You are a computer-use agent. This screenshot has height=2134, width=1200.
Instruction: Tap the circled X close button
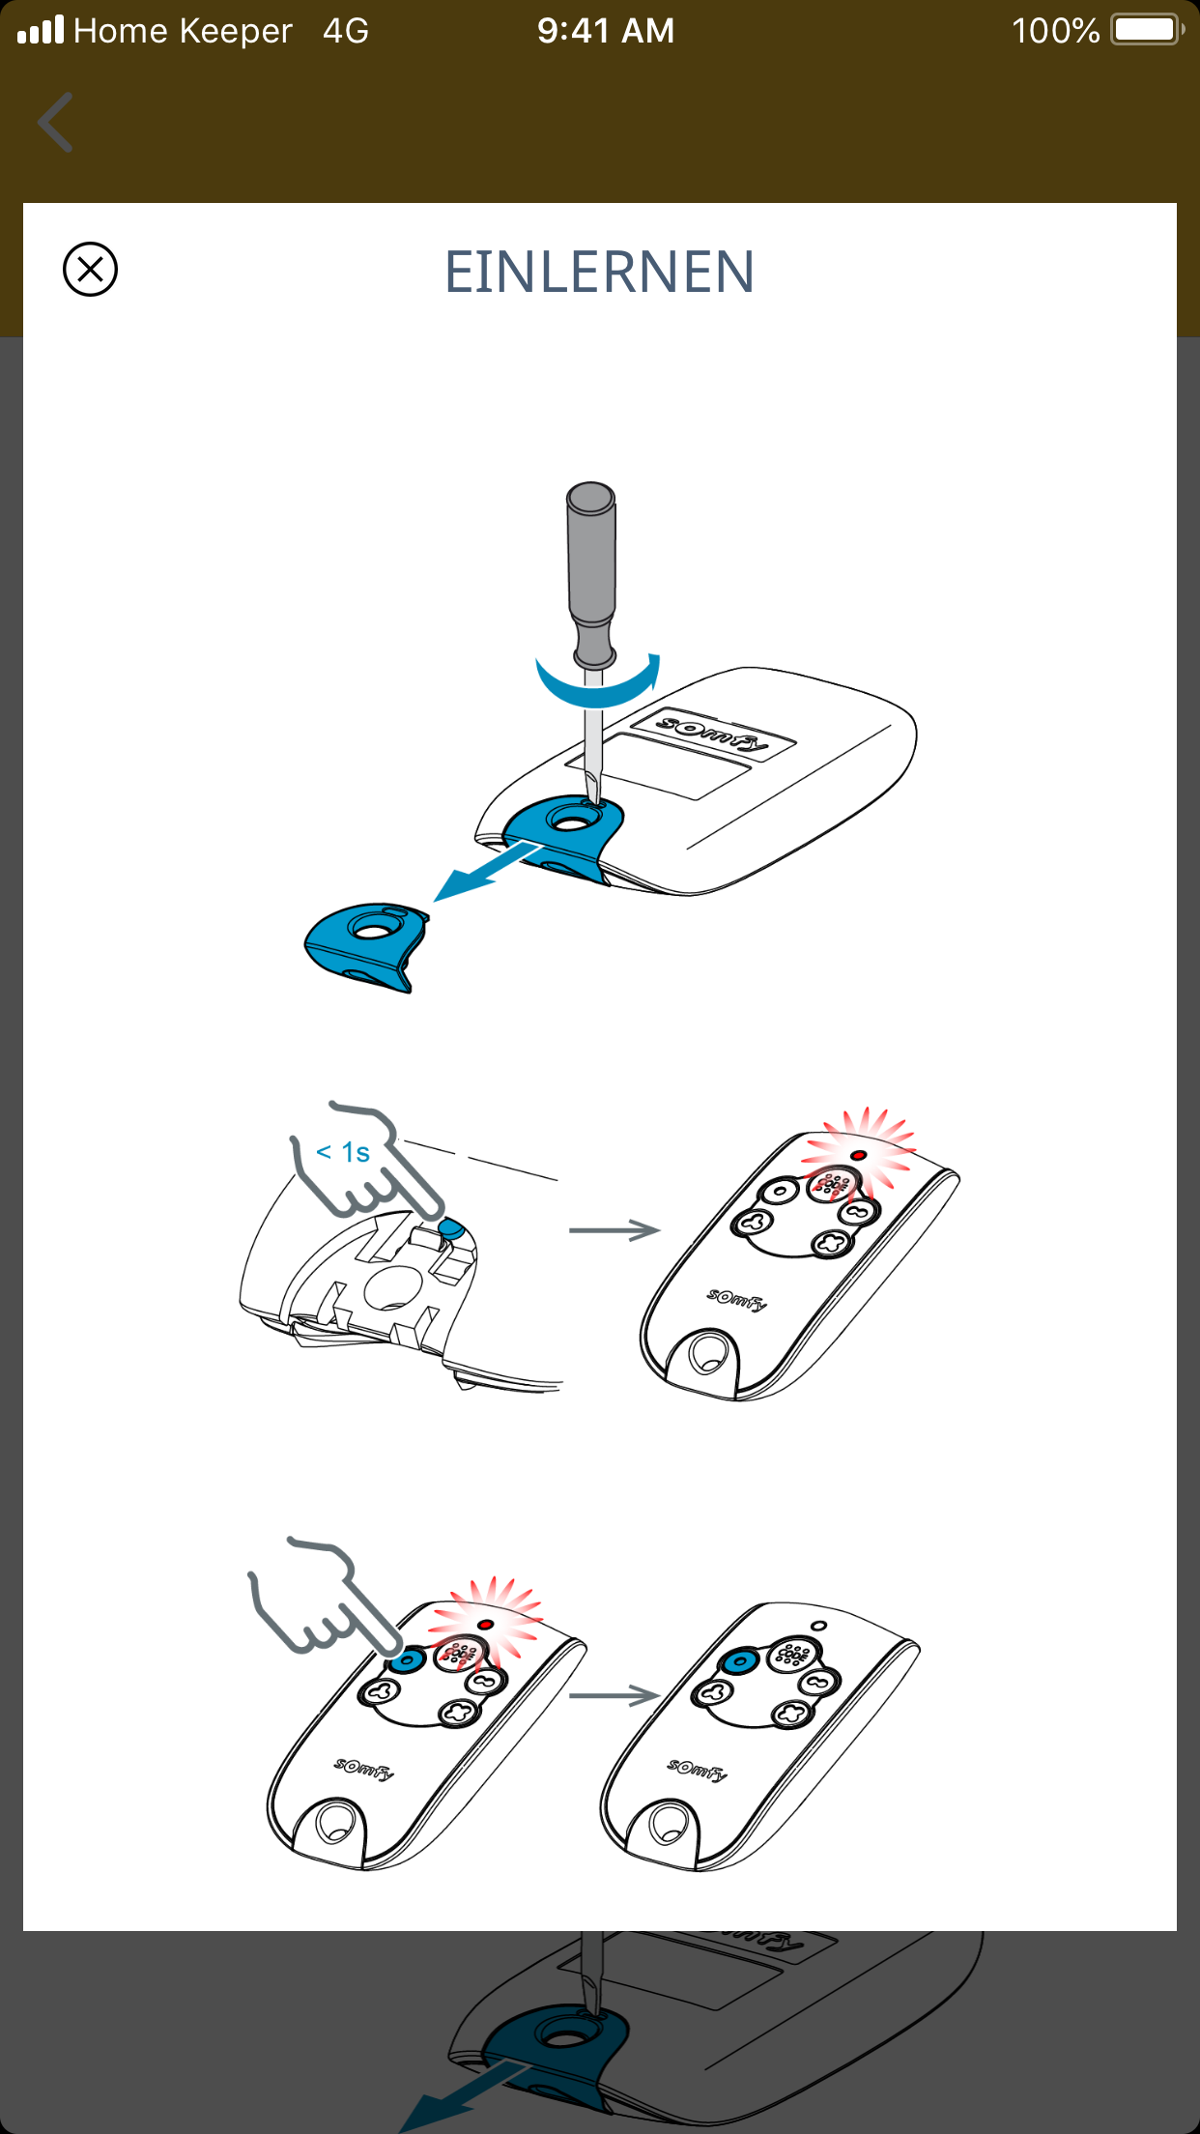pyautogui.click(x=90, y=269)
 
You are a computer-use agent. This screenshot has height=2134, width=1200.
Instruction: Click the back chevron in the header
pyautogui.click(x=55, y=123)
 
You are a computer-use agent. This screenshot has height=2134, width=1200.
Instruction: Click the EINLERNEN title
pyautogui.click(x=599, y=272)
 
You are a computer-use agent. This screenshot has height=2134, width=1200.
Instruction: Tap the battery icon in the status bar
pyautogui.click(x=1148, y=30)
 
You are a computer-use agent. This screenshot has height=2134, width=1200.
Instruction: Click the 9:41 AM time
pyautogui.click(x=606, y=31)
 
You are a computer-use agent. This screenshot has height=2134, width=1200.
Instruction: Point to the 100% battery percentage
pyautogui.click(x=1055, y=31)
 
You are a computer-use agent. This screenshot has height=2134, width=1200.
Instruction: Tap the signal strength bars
pyautogui.click(x=41, y=30)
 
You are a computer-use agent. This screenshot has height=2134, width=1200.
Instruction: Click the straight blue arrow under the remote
pyautogui.click(x=487, y=870)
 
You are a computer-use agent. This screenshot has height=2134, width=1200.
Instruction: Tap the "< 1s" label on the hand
pyautogui.click(x=343, y=1152)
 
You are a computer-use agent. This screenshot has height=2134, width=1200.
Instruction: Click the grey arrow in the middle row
pyautogui.click(x=614, y=1230)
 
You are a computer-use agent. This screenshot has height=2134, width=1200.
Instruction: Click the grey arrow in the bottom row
pyautogui.click(x=614, y=1695)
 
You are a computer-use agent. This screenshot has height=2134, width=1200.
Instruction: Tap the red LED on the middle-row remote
pyautogui.click(x=858, y=1155)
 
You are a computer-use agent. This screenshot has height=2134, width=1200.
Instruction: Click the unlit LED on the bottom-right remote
pyautogui.click(x=819, y=1626)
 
